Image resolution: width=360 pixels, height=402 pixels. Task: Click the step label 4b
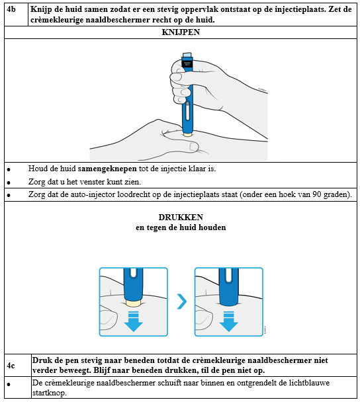pyautogui.click(x=11, y=9)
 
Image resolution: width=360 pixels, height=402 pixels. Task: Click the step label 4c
pyautogui.click(x=11, y=366)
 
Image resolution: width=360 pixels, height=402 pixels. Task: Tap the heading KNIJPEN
pyautogui.click(x=181, y=32)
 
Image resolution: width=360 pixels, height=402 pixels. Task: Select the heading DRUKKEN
pyautogui.click(x=181, y=217)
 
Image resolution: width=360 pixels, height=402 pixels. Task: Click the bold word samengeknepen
pyautogui.click(x=107, y=169)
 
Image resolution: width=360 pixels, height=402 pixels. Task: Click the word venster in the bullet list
pyautogui.click(x=93, y=182)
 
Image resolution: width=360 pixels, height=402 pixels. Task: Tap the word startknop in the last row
pyautogui.click(x=49, y=393)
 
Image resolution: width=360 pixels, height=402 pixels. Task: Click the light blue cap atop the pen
pyautogui.click(x=187, y=56)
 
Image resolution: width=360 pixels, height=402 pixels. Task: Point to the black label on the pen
pyautogui.click(x=187, y=63)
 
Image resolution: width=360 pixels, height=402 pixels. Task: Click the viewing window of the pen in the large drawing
pyautogui.click(x=187, y=111)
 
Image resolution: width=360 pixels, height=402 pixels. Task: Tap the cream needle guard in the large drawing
pyautogui.click(x=187, y=134)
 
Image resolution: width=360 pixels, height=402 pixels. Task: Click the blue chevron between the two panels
pyautogui.click(x=182, y=301)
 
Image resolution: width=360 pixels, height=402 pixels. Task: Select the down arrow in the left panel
pyautogui.click(x=134, y=321)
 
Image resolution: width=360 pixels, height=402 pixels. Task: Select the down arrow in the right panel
pyautogui.click(x=228, y=321)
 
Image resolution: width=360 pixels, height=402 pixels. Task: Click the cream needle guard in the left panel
pyautogui.click(x=133, y=303)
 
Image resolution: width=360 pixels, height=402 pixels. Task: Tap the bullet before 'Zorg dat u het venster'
pyautogui.click(x=9, y=182)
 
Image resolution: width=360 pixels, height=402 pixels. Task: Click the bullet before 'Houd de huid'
pyautogui.click(x=9, y=169)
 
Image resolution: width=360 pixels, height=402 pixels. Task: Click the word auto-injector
pyautogui.click(x=93, y=194)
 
